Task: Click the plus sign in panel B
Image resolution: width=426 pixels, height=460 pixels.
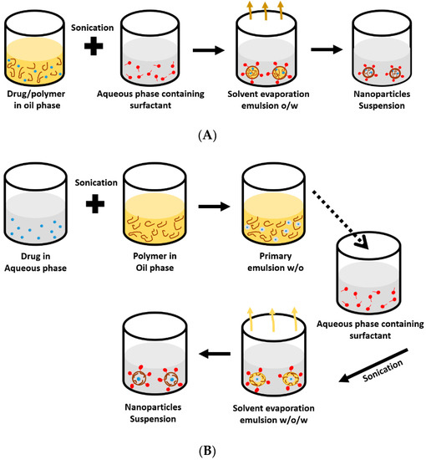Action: click(x=99, y=207)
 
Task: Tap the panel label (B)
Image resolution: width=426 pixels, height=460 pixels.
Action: click(x=214, y=449)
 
